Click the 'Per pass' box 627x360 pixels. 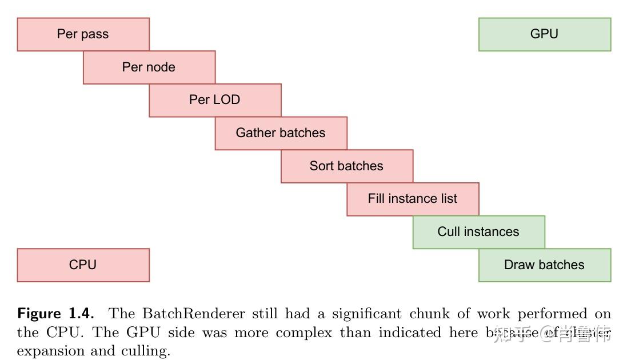click(x=83, y=34)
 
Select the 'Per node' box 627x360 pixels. click(x=149, y=67)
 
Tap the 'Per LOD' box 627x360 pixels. click(x=215, y=100)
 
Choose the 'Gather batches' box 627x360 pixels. click(x=281, y=133)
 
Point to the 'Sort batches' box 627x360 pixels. click(x=346, y=166)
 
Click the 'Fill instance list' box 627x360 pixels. click(x=413, y=199)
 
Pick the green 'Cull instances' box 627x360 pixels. click(x=478, y=232)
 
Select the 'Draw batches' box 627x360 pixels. click(x=544, y=265)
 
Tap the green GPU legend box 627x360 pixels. click(x=544, y=34)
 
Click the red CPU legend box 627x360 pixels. click(x=83, y=265)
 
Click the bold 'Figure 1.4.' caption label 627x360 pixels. click(x=55, y=314)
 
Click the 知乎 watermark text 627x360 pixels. click(x=509, y=333)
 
